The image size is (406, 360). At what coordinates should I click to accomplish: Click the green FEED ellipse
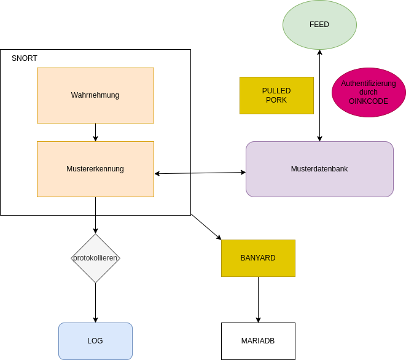tap(319, 25)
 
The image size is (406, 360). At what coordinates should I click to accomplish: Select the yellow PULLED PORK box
tap(276, 96)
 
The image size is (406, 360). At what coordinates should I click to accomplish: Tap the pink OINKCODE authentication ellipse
tap(369, 92)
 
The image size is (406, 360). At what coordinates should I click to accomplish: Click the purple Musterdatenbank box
tap(319, 169)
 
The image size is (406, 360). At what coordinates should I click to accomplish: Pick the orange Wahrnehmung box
tap(95, 95)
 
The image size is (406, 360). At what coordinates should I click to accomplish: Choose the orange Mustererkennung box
tap(95, 169)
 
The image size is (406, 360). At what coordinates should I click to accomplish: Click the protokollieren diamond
tap(95, 258)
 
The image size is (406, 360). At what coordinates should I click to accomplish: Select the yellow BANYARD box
tap(258, 258)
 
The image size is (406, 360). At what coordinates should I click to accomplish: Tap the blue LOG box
tap(95, 341)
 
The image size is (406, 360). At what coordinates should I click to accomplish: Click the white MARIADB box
tap(258, 341)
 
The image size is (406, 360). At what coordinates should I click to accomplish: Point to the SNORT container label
tap(25, 58)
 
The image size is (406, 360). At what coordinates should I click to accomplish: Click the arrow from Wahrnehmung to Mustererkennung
tap(95, 132)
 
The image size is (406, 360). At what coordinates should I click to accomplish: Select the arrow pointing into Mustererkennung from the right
tap(173, 173)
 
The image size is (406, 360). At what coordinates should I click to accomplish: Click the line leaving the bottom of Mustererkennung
tap(95, 206)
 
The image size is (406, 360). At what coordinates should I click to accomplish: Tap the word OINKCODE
tap(369, 101)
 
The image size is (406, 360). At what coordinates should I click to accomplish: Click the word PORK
tap(276, 100)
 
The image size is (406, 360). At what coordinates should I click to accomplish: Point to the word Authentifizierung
tap(369, 83)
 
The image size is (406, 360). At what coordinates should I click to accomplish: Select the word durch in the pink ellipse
tap(369, 92)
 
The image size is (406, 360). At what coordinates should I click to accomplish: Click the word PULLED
tap(276, 91)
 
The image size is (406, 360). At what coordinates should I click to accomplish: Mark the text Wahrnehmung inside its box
tap(95, 95)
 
